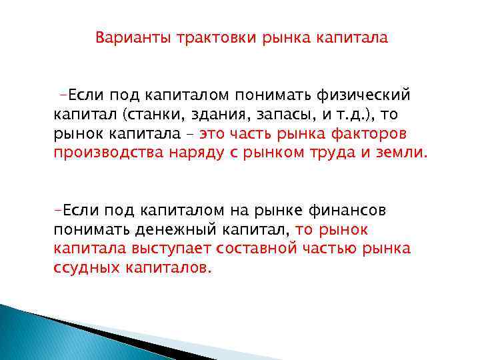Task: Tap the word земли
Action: coord(400,154)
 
